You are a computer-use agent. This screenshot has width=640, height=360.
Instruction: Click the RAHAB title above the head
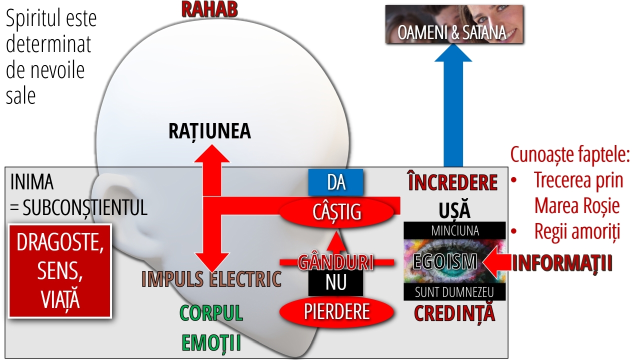(209, 9)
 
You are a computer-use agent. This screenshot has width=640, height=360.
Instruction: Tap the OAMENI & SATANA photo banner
(454, 24)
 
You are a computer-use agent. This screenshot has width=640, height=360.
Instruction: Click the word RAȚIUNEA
(209, 131)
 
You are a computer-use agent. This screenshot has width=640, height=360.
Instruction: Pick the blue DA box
(335, 182)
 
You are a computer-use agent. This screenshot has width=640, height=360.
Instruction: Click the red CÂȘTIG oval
(336, 212)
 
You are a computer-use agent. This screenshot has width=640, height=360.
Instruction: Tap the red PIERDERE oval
(336, 311)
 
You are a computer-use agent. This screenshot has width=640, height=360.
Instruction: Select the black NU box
(335, 282)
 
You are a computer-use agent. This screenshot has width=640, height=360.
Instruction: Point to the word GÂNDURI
(335, 262)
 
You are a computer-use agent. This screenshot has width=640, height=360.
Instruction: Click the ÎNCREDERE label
(453, 182)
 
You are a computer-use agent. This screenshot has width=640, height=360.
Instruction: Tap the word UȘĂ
(454, 210)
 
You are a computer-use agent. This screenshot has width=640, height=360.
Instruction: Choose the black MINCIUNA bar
(454, 230)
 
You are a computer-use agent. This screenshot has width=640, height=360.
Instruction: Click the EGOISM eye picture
(454, 261)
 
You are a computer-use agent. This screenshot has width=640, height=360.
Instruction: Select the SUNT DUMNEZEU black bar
(454, 291)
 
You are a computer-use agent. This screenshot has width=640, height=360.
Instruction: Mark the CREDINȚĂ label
(454, 313)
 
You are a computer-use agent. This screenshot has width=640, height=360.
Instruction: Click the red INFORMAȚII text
(562, 263)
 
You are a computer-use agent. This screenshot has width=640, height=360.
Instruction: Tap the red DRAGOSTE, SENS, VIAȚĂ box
(59, 271)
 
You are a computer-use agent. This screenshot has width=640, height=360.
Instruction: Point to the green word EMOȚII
(211, 342)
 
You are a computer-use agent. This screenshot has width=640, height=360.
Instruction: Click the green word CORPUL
(211, 313)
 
